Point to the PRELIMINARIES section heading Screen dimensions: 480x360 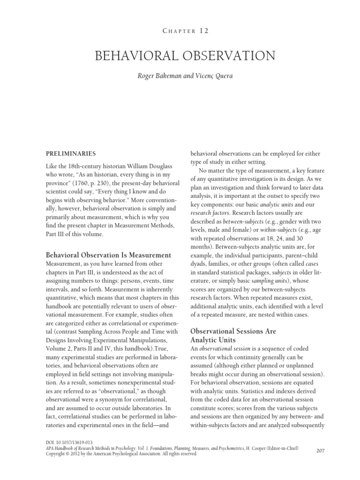(x=71, y=153)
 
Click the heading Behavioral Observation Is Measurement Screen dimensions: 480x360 (x=108, y=255)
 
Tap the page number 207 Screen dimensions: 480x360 (x=321, y=450)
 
